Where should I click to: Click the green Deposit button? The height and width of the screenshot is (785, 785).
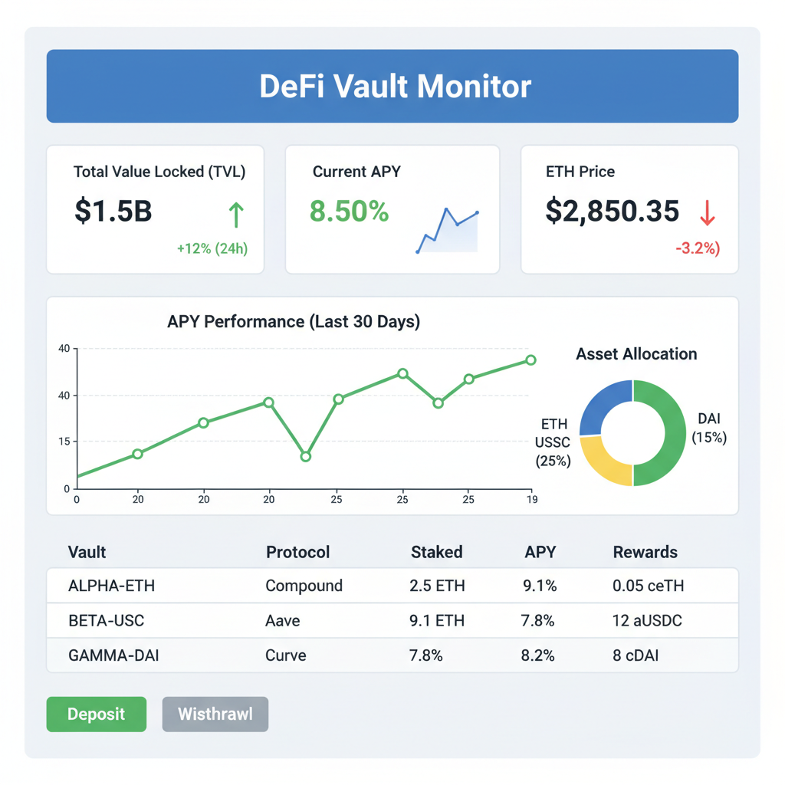pyautogui.click(x=96, y=714)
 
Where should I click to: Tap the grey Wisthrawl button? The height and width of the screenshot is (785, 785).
pyautogui.click(x=215, y=714)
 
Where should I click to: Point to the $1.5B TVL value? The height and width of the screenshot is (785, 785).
pyautogui.click(x=113, y=211)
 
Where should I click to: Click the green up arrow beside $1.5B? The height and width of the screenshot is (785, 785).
pyautogui.click(x=236, y=215)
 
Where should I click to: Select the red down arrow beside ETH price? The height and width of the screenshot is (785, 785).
pyautogui.click(x=707, y=212)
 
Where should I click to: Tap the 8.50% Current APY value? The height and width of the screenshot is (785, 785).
pyautogui.click(x=349, y=211)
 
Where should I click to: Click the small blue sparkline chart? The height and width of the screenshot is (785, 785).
pyautogui.click(x=447, y=230)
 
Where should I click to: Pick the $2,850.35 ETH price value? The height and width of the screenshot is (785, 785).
pyautogui.click(x=612, y=211)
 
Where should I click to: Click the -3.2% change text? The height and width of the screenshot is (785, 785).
pyautogui.click(x=697, y=249)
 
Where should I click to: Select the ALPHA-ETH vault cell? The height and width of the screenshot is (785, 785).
pyautogui.click(x=111, y=586)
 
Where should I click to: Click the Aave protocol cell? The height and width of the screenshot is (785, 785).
pyautogui.click(x=283, y=621)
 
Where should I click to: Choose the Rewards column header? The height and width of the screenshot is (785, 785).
pyautogui.click(x=645, y=552)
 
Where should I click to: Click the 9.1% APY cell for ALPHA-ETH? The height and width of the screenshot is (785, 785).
pyautogui.click(x=540, y=586)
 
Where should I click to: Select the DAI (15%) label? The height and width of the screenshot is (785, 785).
pyautogui.click(x=709, y=429)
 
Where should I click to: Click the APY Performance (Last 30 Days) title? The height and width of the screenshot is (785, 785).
pyautogui.click(x=294, y=322)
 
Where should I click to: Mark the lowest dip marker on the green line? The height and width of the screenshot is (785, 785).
pyautogui.click(x=306, y=457)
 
